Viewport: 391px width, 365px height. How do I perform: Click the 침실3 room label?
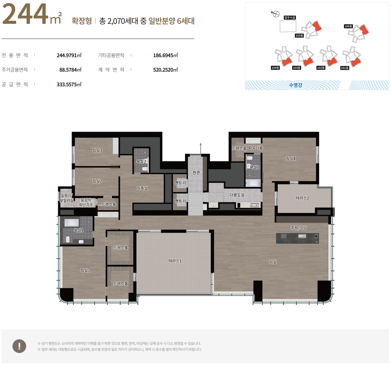tap(97, 151)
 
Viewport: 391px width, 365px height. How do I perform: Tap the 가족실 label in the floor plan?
tap(142, 188)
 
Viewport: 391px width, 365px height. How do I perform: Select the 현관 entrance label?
tap(196, 172)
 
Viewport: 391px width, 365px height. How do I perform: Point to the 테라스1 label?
tap(175, 261)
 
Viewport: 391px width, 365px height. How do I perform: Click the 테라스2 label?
tap(302, 198)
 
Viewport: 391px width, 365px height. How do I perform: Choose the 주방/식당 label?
tap(299, 228)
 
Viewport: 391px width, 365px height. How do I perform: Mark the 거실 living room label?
tap(273, 262)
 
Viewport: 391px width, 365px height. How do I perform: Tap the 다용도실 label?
tap(237, 195)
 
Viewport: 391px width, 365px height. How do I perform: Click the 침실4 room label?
tap(291, 158)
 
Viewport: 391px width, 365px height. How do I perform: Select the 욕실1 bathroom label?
tap(78, 230)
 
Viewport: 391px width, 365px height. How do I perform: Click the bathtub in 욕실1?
tap(71, 223)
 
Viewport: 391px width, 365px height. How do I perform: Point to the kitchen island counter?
tap(297, 238)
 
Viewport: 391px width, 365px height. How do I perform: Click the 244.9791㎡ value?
tap(69, 55)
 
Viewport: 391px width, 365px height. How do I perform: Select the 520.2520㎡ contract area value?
tap(166, 70)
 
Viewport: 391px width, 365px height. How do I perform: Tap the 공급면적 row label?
tap(15, 84)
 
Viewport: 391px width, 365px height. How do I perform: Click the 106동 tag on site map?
tap(348, 26)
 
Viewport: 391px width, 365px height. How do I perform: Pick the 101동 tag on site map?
tap(344, 68)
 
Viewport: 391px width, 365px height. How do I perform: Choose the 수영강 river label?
tap(295, 85)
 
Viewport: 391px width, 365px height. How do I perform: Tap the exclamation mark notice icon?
tap(19, 346)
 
